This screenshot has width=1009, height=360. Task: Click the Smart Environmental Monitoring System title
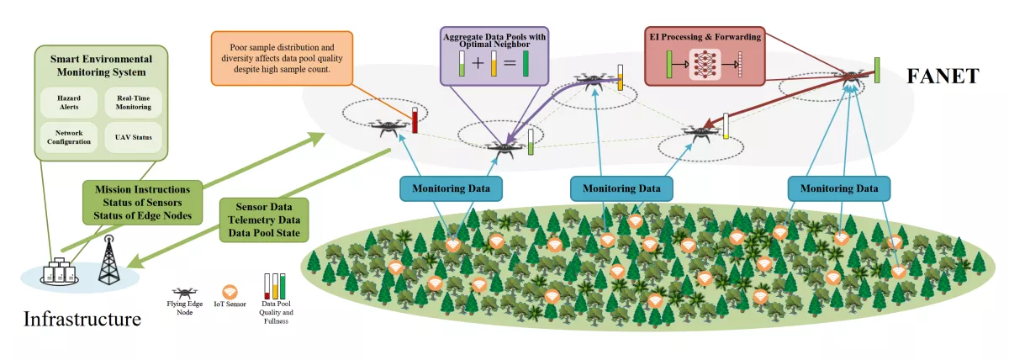coord(101,66)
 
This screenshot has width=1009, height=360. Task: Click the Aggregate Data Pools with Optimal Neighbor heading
coord(494,39)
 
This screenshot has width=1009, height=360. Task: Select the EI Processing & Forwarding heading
coord(705,37)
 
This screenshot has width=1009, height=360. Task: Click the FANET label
coord(942,77)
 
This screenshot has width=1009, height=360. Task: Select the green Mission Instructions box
coord(141,202)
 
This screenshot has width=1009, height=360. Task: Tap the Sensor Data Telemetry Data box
coord(262,220)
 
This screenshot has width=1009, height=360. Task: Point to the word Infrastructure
coord(82,320)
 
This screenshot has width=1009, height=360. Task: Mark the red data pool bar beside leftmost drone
coord(415,121)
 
